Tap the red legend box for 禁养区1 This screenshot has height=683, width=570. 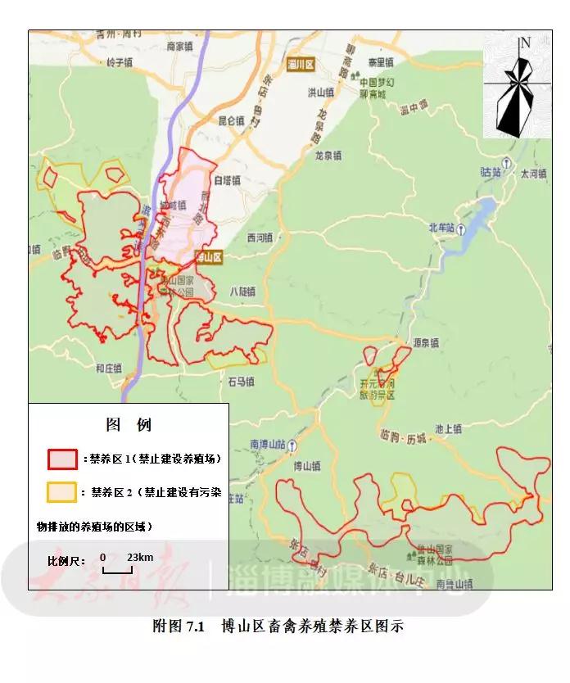pyautogui.click(x=62, y=459)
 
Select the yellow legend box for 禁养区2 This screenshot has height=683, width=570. pyautogui.click(x=62, y=492)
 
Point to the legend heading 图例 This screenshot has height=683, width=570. pyautogui.click(x=129, y=425)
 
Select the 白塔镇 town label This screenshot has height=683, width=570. pyautogui.click(x=227, y=180)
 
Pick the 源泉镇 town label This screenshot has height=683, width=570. pyautogui.click(x=426, y=342)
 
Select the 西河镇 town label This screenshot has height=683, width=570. pyautogui.click(x=259, y=238)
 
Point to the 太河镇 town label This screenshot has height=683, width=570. pyautogui.click(x=533, y=174)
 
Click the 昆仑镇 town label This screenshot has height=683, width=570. pyautogui.click(x=231, y=120)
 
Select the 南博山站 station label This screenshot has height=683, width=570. pyautogui.click(x=268, y=445)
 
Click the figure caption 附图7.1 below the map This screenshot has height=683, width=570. pyautogui.click(x=278, y=626)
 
